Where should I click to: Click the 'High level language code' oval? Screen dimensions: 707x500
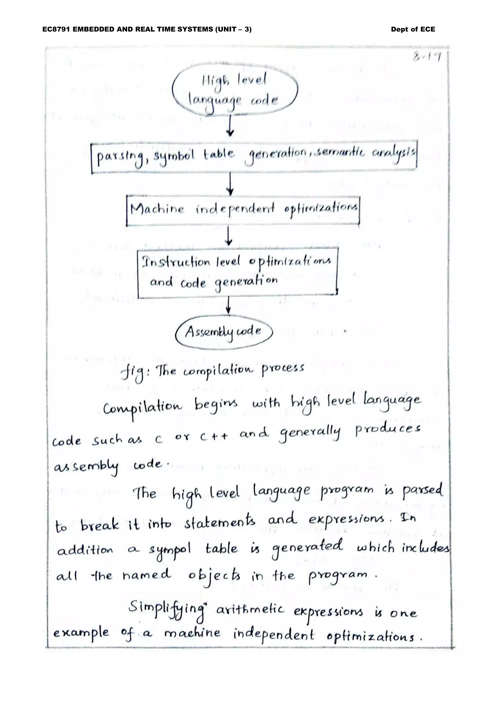tap(235, 91)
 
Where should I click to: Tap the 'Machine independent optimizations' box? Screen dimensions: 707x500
tap(243, 210)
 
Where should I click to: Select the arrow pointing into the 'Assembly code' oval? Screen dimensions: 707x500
tap(228, 306)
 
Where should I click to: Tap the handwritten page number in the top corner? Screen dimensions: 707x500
tap(428, 57)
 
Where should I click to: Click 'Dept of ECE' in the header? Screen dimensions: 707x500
tap(413, 30)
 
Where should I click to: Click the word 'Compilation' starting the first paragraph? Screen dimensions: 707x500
tap(143, 408)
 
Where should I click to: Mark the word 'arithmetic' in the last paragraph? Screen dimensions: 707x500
tap(250, 610)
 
